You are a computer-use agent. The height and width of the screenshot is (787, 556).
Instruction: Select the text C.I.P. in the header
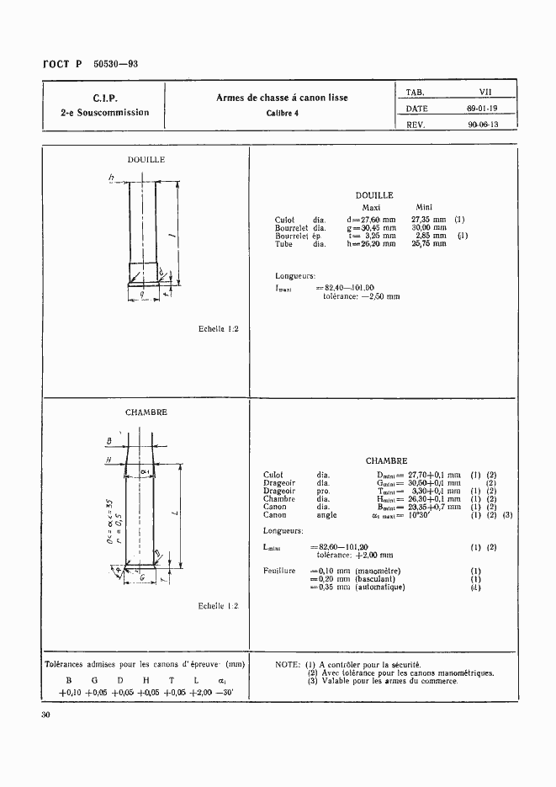coord(105,98)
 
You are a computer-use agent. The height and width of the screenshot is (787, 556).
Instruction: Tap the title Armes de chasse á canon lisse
coord(283,98)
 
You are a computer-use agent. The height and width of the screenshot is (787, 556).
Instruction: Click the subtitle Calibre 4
coord(283,113)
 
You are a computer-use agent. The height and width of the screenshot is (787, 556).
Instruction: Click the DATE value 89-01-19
coord(482,108)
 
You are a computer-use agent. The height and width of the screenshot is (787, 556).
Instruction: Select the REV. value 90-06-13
coord(483,124)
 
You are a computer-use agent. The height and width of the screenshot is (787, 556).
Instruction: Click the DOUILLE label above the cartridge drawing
coord(146,159)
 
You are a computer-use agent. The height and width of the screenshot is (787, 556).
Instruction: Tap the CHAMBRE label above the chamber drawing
coord(146,412)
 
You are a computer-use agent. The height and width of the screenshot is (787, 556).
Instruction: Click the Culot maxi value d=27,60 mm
coord(371,220)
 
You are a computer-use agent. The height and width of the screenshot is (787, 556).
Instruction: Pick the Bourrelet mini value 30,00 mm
coord(428,227)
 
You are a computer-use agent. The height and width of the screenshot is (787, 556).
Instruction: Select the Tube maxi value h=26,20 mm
coord(371,244)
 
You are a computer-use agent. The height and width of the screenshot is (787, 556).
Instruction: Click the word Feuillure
coord(279,572)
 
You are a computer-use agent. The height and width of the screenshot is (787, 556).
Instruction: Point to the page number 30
coord(46,715)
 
